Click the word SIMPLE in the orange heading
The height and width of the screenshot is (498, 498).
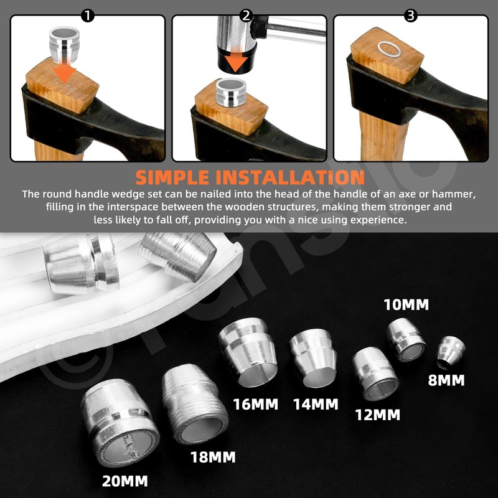pyautogui.click(x=187, y=176)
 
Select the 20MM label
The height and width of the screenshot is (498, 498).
pyautogui.click(x=126, y=481)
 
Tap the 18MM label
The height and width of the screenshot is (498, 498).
pyautogui.click(x=212, y=458)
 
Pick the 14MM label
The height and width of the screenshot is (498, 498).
pyautogui.click(x=316, y=404)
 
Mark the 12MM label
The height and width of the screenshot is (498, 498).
pyautogui.click(x=377, y=414)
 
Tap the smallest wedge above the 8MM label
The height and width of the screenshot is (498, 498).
pyautogui.click(x=449, y=352)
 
